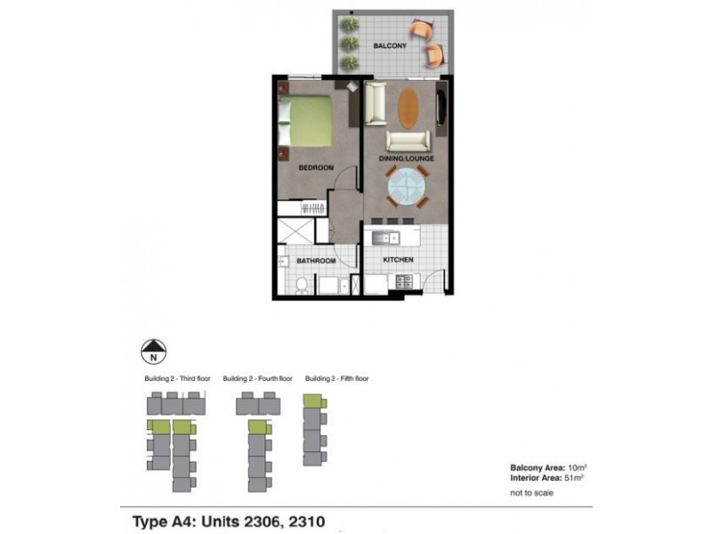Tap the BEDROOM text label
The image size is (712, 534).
(x=316, y=167)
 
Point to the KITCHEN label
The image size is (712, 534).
(x=398, y=259)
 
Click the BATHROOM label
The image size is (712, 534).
(x=317, y=260)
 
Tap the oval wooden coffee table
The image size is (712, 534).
(x=408, y=106)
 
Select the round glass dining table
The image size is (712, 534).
(x=409, y=190)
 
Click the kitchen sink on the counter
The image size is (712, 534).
(x=384, y=237)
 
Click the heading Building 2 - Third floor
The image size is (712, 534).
(x=175, y=378)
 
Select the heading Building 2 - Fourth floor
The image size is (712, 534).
(x=257, y=378)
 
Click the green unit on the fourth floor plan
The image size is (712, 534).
(x=257, y=429)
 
